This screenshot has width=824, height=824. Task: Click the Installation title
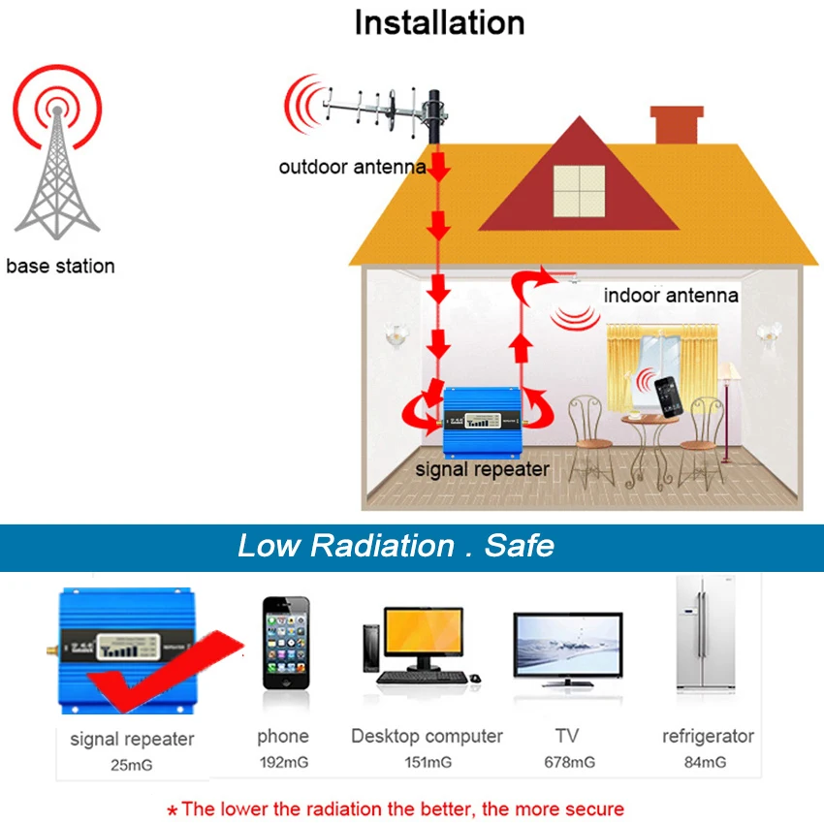(x=439, y=23)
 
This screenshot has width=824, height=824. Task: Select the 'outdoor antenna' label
(x=352, y=168)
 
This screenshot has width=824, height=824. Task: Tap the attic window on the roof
(x=578, y=190)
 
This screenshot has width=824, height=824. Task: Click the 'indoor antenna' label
(x=671, y=296)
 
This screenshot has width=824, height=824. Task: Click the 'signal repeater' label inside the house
(x=483, y=470)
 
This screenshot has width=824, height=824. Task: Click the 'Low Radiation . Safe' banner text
(x=396, y=546)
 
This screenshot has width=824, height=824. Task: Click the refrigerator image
(x=706, y=635)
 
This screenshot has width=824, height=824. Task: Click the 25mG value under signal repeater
(x=132, y=766)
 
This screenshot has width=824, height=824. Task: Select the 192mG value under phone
(x=283, y=763)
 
